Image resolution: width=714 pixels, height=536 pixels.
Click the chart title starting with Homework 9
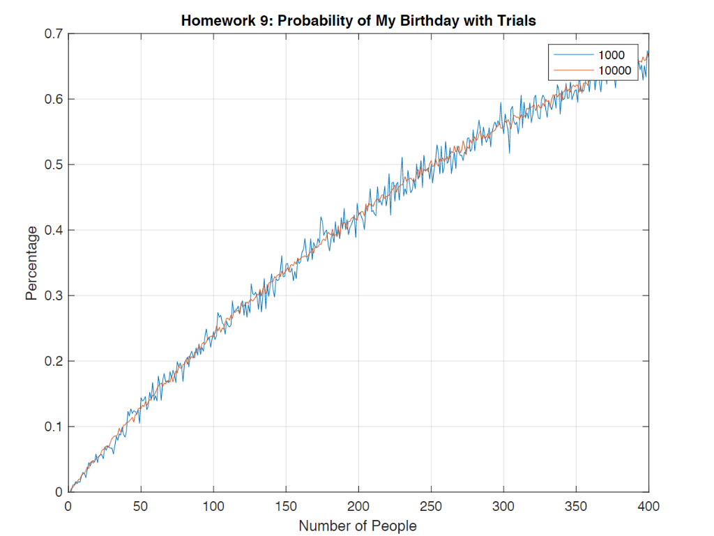358,21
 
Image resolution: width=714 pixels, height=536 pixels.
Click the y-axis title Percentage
31,263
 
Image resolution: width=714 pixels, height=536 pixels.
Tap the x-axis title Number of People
358,526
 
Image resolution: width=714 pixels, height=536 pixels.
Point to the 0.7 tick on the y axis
53,33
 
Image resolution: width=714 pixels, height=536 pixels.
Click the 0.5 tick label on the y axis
53,164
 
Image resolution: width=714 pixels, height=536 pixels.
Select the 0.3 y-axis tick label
53,296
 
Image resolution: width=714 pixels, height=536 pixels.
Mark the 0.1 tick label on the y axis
53,427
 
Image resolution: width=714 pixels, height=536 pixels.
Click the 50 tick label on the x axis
141,505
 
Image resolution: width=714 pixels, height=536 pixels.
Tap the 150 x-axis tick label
286,505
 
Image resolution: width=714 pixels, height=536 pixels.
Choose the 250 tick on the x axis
431,505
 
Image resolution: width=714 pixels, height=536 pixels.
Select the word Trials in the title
517,21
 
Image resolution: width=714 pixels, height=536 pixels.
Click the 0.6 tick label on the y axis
53,99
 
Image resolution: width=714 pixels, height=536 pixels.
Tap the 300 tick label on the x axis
503,505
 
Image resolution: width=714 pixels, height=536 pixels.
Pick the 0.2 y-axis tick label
53,361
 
